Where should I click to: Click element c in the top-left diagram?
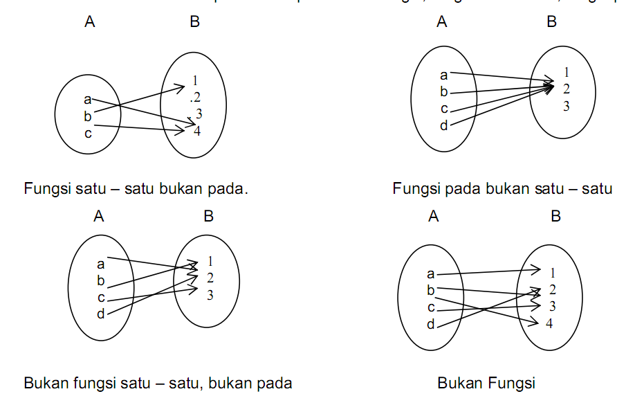point(88,133)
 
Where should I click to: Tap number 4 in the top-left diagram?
point(197,131)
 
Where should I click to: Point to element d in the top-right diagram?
point(444,125)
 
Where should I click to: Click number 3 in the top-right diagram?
point(566,106)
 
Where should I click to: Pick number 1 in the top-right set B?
point(567,72)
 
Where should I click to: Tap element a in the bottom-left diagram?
point(101,263)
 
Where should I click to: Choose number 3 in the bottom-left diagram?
point(210,295)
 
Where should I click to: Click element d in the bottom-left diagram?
point(101,314)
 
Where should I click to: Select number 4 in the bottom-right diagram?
point(549,323)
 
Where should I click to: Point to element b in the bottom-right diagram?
point(431,291)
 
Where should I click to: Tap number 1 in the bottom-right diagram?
point(553,273)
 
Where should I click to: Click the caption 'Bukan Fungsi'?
point(486,383)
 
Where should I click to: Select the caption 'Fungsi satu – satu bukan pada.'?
point(136,188)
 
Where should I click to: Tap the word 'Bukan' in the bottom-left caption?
point(46,383)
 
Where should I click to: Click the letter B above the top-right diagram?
point(551,22)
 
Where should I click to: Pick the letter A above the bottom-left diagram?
point(99,217)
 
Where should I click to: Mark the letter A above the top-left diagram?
point(89,22)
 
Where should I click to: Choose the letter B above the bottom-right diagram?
point(555,217)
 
